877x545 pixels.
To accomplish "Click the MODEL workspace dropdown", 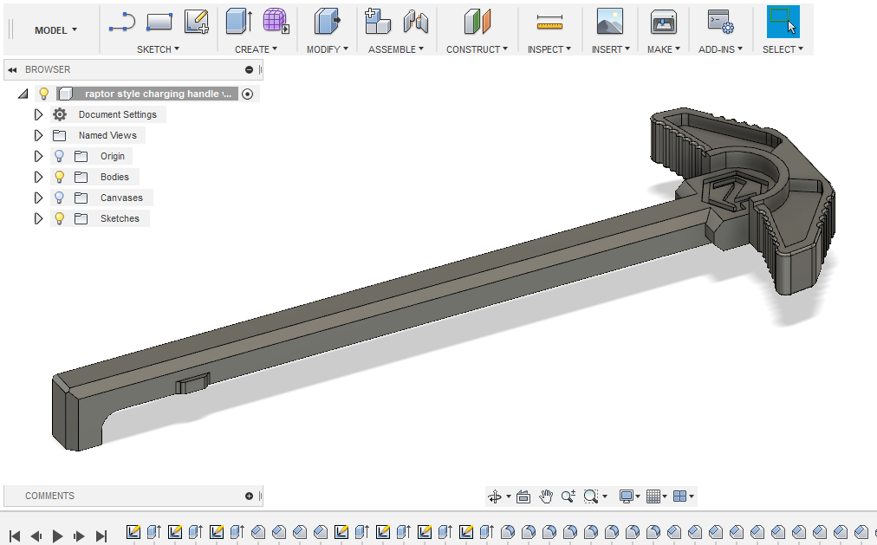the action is coord(55,30).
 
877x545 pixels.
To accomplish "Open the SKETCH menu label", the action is coord(158,49).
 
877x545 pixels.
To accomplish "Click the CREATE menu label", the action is coord(256,49).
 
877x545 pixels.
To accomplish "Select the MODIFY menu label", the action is coord(328,49).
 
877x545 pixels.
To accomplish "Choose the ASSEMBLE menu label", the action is coord(395,49).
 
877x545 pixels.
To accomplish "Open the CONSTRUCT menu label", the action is coord(477,49).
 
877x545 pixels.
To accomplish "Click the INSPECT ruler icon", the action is coord(549,22).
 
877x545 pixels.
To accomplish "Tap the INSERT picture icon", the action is coord(609,22).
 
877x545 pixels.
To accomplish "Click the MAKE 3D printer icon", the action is coord(663,23).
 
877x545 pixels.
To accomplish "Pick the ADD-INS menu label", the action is coord(720,49).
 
